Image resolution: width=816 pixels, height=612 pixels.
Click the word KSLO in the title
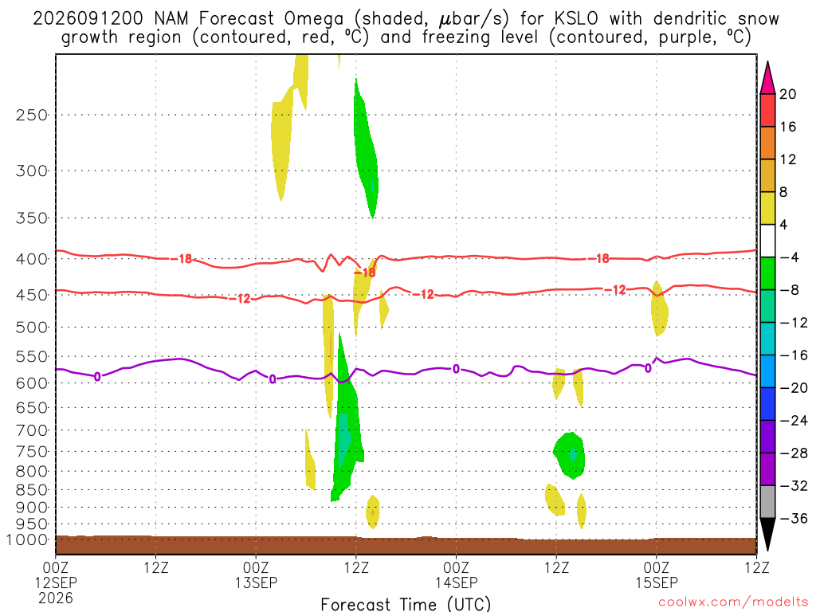pos(576,18)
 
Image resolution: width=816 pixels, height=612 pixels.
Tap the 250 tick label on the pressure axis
pos(32,115)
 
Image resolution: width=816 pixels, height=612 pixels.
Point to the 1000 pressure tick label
pos(27,540)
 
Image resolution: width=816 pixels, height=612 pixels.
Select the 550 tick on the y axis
pos(32,357)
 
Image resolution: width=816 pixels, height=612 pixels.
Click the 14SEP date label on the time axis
pos(457,583)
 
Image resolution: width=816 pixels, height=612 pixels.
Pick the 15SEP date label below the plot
pos(657,583)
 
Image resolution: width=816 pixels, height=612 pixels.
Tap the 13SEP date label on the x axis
pos(256,583)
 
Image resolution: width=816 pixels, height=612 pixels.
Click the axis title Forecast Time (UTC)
pos(406,604)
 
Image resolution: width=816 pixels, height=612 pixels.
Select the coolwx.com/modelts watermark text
pos(733,602)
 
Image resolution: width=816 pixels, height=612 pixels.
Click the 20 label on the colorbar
pos(788,94)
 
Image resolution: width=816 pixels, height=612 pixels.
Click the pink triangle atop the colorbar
pos(767,78)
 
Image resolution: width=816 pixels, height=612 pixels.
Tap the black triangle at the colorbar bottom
pos(767,533)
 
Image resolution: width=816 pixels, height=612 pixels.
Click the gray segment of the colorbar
pos(767,502)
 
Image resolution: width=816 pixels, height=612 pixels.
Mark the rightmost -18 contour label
pos(602,258)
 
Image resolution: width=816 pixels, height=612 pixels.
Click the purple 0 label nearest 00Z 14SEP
pos(456,369)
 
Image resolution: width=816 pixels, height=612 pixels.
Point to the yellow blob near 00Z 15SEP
pos(659,308)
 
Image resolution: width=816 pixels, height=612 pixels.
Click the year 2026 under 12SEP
pos(56,598)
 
